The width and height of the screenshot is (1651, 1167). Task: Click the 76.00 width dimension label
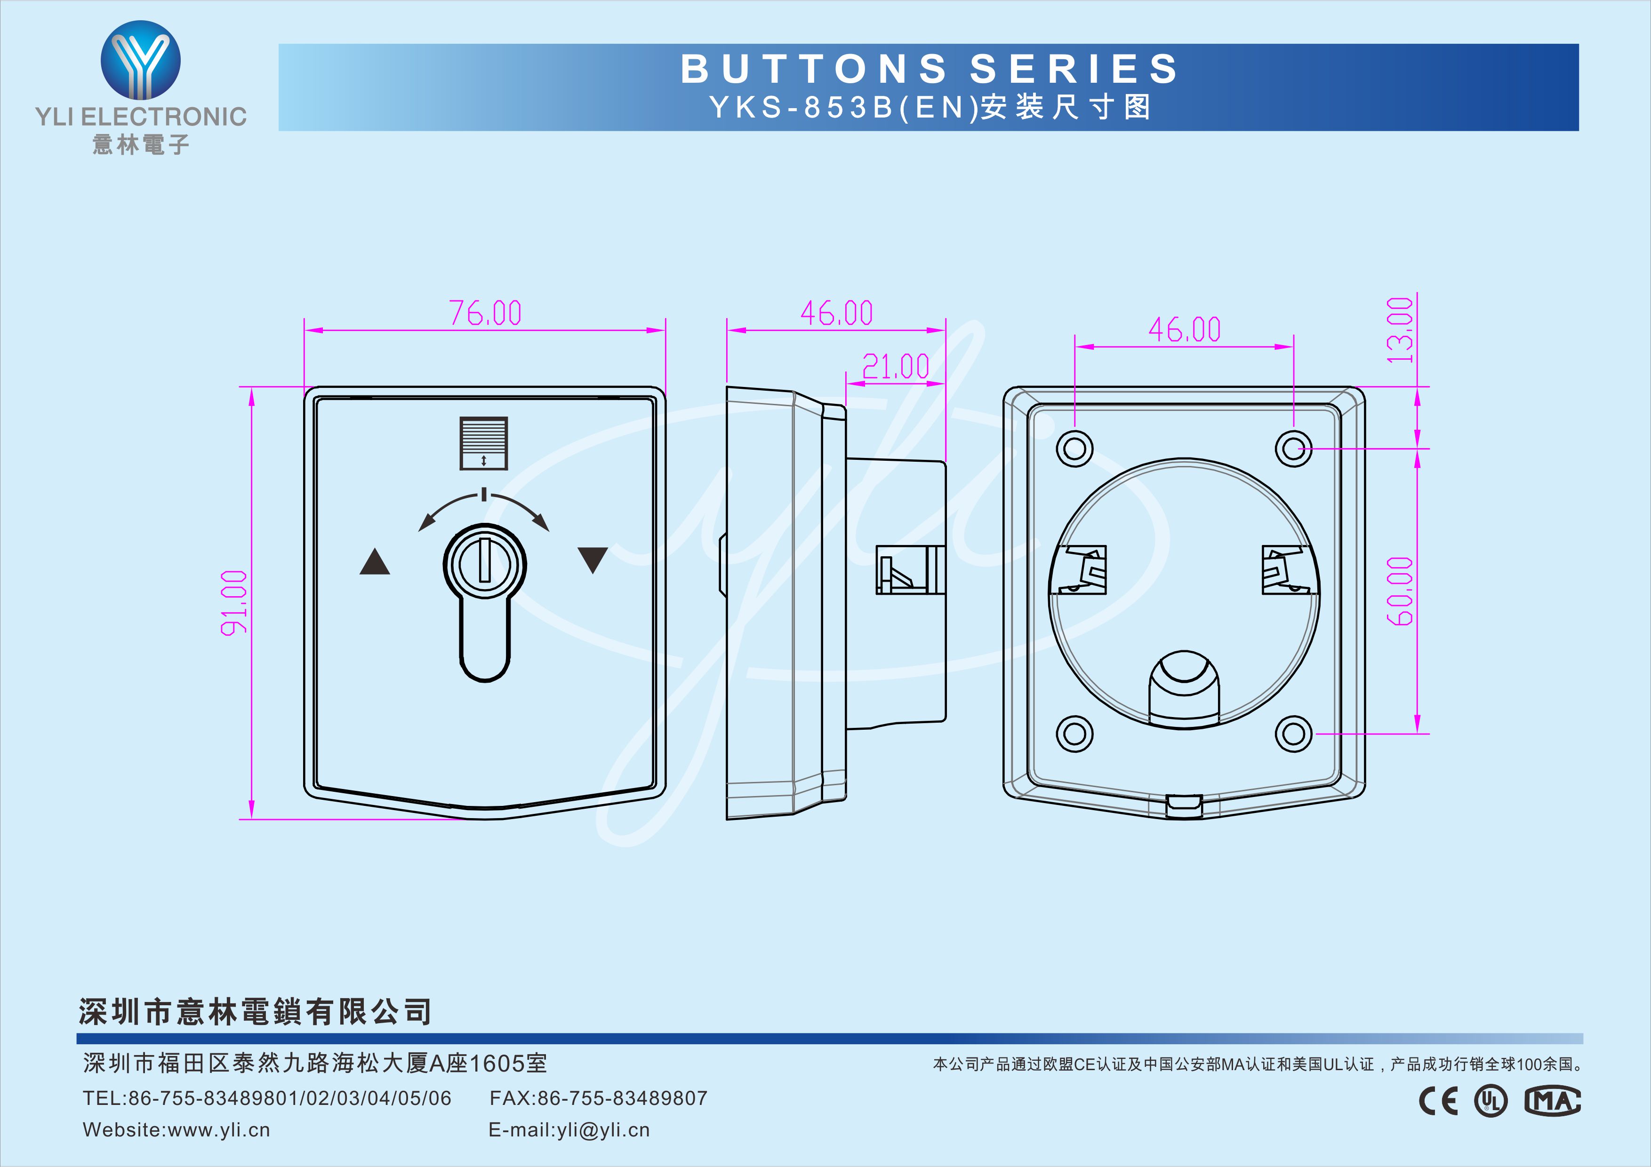[485, 313]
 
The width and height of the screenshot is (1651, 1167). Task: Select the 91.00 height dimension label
[234, 603]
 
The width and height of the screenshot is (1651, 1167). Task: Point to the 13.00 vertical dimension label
[1399, 330]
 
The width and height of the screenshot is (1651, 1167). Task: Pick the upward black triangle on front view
[375, 561]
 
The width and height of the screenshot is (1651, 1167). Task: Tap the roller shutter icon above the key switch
[484, 443]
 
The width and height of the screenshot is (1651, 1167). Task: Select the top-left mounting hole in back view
[1074, 449]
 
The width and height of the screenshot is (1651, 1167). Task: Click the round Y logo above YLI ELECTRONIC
[140, 60]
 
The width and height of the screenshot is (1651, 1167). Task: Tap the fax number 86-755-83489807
[623, 1098]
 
